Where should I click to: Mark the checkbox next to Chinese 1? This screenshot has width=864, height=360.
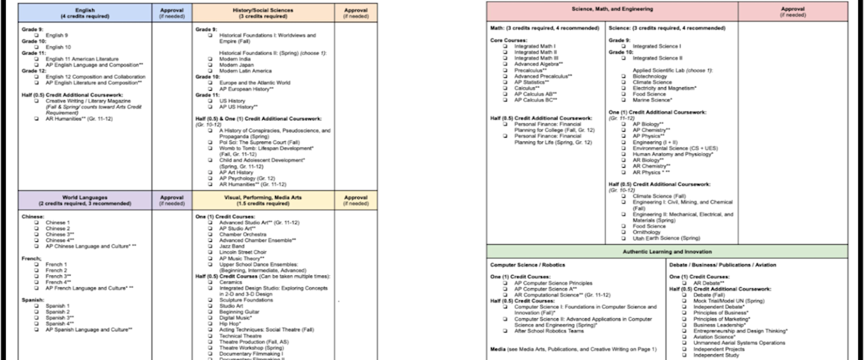(x=37, y=222)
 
